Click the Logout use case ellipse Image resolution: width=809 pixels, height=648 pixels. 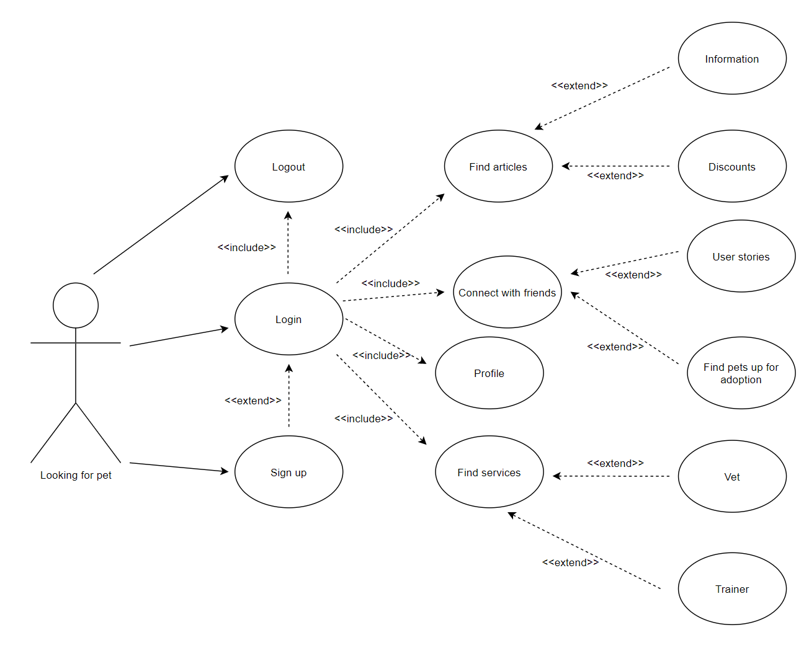click(x=288, y=166)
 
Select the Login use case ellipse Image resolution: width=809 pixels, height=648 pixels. click(x=288, y=319)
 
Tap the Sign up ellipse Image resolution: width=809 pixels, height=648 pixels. click(x=288, y=472)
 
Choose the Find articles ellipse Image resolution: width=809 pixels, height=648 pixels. click(x=498, y=166)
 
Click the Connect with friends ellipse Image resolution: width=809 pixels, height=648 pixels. click(x=507, y=292)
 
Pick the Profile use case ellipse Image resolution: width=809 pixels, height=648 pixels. click(x=489, y=373)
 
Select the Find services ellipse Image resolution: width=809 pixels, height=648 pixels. click(x=489, y=472)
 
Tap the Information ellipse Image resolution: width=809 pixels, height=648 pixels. click(x=732, y=58)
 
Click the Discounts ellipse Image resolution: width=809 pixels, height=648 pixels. click(x=732, y=166)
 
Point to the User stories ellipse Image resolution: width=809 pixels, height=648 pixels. click(x=741, y=256)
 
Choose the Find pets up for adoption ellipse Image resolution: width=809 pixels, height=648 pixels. click(x=741, y=373)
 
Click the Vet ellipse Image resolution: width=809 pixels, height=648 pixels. click(x=732, y=476)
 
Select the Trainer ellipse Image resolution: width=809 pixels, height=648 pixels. click(x=732, y=588)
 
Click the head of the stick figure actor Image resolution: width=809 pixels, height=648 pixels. click(x=76, y=306)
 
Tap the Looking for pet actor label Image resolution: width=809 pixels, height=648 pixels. click(x=76, y=475)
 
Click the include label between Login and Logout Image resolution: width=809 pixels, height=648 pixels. click(x=246, y=247)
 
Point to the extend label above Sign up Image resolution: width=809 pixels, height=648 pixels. click(x=253, y=401)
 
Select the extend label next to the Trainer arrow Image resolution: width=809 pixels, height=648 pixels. click(x=570, y=562)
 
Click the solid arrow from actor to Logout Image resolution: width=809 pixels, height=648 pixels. click(x=161, y=224)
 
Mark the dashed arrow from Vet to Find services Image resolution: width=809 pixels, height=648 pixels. click(x=611, y=476)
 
